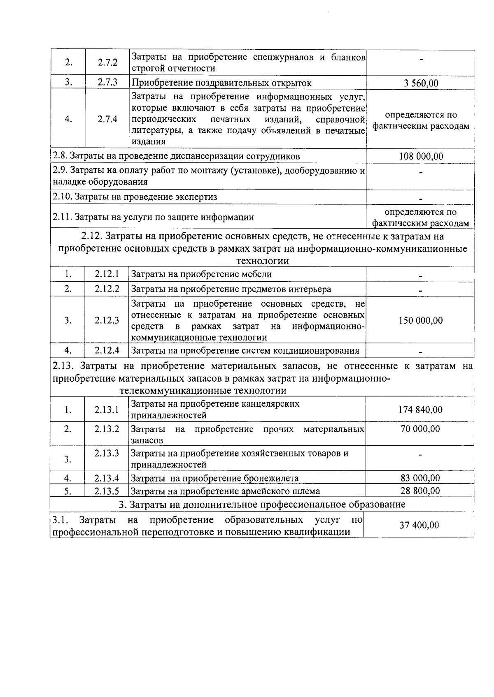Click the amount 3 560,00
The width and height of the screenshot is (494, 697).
[x=421, y=83]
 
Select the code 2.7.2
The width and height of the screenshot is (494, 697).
[x=107, y=63]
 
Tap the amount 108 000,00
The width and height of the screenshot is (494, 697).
[x=421, y=156]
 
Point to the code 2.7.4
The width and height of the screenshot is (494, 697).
[x=107, y=119]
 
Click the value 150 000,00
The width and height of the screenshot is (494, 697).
[x=421, y=320]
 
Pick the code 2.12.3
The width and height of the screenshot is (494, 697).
[x=107, y=320]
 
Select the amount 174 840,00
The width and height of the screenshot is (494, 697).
[x=421, y=410]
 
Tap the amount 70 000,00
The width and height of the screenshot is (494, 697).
[x=420, y=429]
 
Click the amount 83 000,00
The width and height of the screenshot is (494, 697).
[x=420, y=478]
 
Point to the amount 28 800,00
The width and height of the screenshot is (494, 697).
[x=420, y=491]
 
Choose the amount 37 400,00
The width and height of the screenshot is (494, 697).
[x=419, y=525]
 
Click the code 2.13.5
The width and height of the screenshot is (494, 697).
[x=107, y=491]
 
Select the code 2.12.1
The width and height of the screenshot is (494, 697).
[x=107, y=274]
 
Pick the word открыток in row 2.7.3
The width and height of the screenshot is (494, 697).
[x=293, y=83]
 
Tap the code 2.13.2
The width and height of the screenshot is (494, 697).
[x=107, y=429]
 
